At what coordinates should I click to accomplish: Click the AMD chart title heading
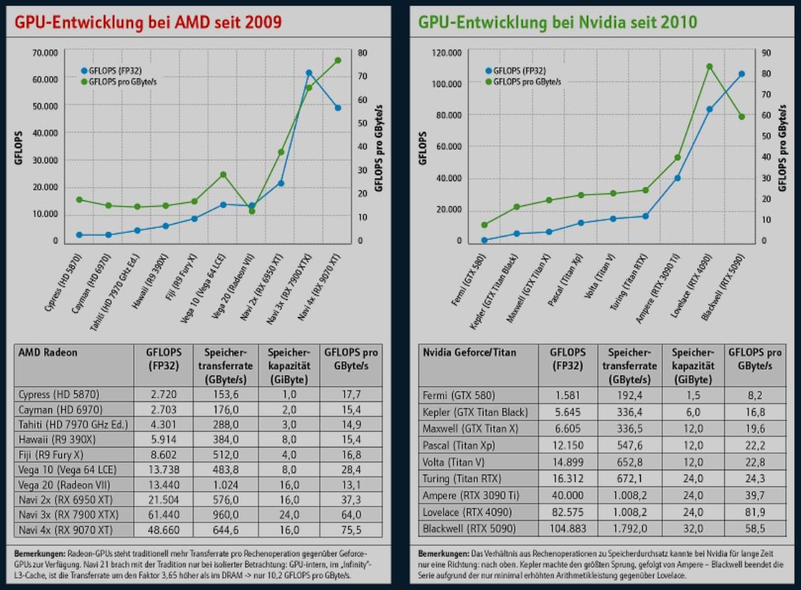click(x=148, y=22)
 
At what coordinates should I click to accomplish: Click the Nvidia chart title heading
click(x=557, y=22)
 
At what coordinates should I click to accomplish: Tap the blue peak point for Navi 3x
click(x=309, y=73)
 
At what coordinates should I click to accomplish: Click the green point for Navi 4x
click(x=338, y=61)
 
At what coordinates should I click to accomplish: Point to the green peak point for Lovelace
click(x=709, y=66)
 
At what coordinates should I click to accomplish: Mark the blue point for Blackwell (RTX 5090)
click(x=741, y=73)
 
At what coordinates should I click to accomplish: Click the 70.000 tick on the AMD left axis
click(x=45, y=53)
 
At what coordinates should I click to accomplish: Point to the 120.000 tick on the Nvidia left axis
click(x=447, y=53)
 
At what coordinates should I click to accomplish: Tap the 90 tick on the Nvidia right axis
click(x=766, y=53)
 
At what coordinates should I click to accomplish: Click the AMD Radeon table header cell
click(x=48, y=352)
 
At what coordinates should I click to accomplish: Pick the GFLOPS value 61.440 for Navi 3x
click(x=163, y=514)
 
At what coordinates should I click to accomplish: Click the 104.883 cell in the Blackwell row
click(x=567, y=528)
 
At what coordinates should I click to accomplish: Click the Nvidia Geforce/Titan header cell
click(x=470, y=352)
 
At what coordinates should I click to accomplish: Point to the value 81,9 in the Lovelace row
click(x=755, y=512)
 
